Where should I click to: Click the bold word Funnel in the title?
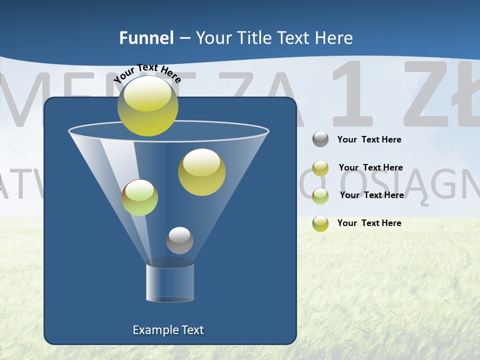146,38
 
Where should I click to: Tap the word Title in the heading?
253,38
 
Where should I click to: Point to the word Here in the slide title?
333,38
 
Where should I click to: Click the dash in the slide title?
184,38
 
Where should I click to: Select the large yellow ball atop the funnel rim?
147,106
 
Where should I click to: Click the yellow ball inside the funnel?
201,172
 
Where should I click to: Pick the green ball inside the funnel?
139,197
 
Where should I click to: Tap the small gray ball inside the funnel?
179,240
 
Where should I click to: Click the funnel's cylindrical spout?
170,282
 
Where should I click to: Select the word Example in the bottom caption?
154,330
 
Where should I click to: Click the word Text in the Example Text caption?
192,330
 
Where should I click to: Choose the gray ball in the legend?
320,139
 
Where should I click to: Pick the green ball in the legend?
320,196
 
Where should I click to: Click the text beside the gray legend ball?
369,139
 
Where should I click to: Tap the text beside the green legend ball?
371,195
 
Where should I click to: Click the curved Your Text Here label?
147,72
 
